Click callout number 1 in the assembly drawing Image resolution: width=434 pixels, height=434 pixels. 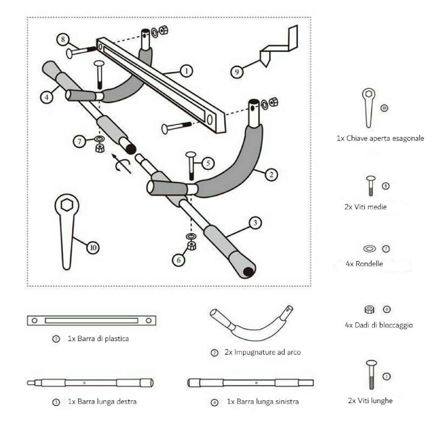[186, 70]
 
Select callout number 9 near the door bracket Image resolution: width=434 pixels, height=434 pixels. [237, 72]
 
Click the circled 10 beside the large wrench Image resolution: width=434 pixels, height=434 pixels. [93, 247]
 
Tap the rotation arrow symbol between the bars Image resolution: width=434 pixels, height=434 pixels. [122, 165]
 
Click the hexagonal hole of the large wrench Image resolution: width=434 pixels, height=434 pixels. [67, 206]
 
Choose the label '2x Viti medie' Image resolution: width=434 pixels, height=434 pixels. [365, 207]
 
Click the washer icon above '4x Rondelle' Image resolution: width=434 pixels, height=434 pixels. [369, 248]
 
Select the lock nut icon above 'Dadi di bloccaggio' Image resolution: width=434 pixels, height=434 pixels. [369, 309]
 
